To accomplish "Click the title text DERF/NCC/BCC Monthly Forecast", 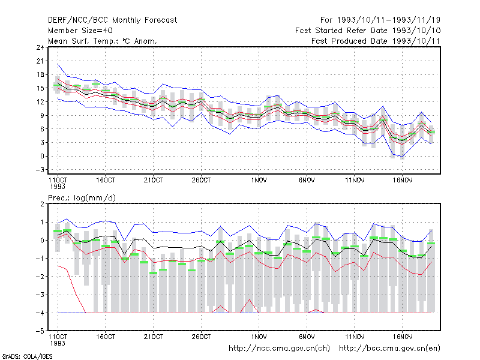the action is coord(112,20).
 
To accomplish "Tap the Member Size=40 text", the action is coord(80,31).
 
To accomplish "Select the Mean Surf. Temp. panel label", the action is coord(103,41).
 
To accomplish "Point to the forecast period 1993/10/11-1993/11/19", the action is coord(380,20).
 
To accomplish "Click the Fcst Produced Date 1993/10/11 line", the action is coord(376,41).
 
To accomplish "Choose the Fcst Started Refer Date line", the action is coord(368,31).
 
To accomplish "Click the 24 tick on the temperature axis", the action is coord(40,47).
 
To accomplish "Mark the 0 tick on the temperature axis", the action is coord(42,156).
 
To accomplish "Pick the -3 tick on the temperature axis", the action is coord(40,170).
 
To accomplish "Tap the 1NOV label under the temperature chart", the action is coord(259,181).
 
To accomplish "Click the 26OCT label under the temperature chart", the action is coord(201,181).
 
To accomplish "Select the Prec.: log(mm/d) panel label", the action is coord(82,198).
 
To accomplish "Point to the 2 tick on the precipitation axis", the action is coord(42,204).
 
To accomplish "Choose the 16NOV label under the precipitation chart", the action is coord(402,337).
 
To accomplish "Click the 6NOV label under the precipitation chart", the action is coord(307,337).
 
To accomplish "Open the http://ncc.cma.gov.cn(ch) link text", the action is coord(279,349).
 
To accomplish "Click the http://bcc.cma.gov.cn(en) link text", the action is coord(389,349).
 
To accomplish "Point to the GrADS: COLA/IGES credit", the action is coord(27,356).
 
